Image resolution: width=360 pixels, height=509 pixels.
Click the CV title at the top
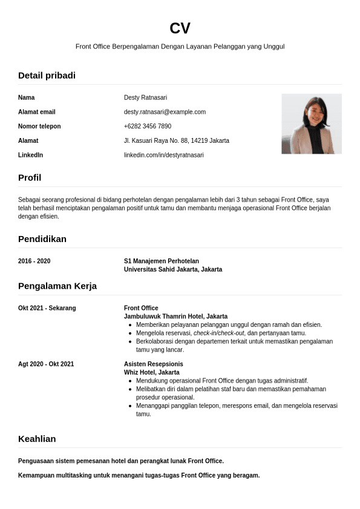(x=180, y=28)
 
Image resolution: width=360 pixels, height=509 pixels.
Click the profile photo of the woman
(x=311, y=123)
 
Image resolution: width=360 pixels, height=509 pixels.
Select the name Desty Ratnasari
(x=145, y=97)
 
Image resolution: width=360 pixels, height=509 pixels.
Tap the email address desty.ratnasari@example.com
(x=165, y=112)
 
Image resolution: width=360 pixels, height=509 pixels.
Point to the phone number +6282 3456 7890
(x=147, y=126)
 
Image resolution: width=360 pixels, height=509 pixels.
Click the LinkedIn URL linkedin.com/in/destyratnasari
(x=163, y=155)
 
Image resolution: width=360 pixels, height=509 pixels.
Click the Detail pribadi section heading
(x=47, y=76)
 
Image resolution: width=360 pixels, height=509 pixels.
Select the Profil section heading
(x=30, y=178)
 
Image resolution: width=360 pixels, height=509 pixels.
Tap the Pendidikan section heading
(x=42, y=239)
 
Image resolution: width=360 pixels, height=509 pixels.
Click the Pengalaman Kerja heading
(x=57, y=286)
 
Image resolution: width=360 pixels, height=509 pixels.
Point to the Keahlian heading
(x=37, y=439)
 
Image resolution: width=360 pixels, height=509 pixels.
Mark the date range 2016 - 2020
(x=34, y=261)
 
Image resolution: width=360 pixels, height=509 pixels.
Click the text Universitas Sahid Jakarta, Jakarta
(x=172, y=269)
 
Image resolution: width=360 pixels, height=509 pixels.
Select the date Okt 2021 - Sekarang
(x=47, y=308)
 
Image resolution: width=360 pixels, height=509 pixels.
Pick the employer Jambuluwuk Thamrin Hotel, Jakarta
(x=175, y=317)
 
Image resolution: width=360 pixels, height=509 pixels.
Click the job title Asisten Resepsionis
(x=153, y=364)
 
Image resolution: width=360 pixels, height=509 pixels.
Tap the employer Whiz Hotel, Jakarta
(x=151, y=372)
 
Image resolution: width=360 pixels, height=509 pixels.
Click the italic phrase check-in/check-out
(x=219, y=333)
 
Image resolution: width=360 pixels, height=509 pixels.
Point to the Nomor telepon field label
(x=39, y=126)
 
